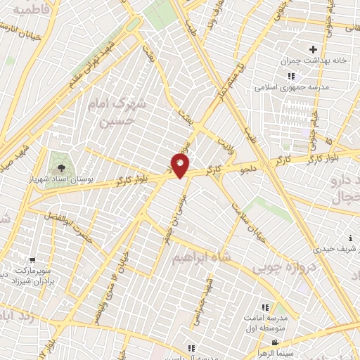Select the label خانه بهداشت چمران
[316, 60]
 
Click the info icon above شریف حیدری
[349, 239]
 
